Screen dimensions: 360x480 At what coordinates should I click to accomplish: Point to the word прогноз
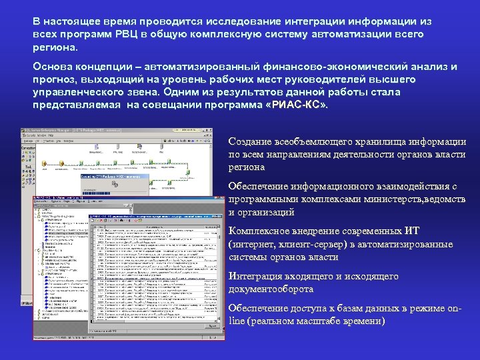56,80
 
